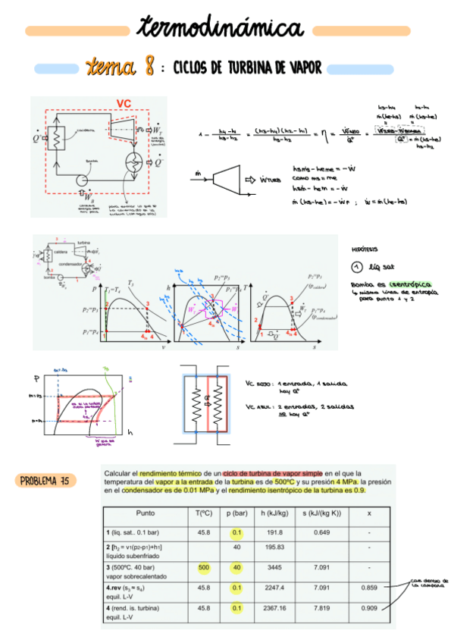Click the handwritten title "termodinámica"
pos(220,29)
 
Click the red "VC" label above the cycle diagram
pos(124,104)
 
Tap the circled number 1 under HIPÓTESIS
pos(359,266)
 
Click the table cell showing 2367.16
pos(274,607)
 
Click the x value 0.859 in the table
pos(368,587)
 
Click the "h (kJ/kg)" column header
pos(274,514)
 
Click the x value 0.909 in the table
pos(368,607)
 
